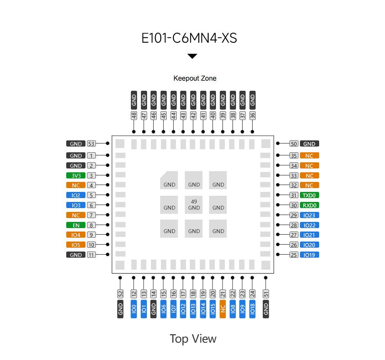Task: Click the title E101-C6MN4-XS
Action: (x=189, y=38)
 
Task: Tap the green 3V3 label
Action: (x=76, y=176)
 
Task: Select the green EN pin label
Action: (x=76, y=225)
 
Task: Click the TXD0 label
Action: (x=309, y=195)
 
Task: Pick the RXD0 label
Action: (x=309, y=205)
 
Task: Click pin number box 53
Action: (x=91, y=144)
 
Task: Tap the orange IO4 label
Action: (x=76, y=235)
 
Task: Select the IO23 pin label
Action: (x=309, y=215)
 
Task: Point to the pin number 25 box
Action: (x=294, y=255)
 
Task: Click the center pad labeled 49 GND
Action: (x=194, y=205)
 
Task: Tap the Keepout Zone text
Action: (x=195, y=78)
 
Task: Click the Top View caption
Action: (x=193, y=339)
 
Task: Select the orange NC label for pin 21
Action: (x=223, y=309)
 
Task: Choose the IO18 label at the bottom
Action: (x=252, y=309)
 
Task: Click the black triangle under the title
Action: (x=192, y=57)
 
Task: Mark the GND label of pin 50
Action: (x=309, y=144)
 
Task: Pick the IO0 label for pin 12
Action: (x=134, y=309)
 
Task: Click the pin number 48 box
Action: (x=134, y=115)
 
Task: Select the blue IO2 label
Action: (x=76, y=195)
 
